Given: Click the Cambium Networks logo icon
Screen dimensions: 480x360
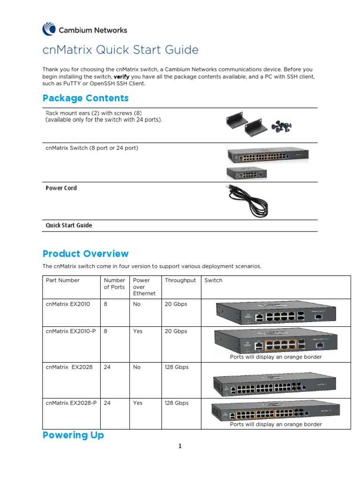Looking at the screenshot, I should (x=49, y=29).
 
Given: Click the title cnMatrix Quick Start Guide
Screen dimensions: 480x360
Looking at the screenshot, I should (x=120, y=50).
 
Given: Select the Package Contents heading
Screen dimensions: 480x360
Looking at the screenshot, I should (x=85, y=98).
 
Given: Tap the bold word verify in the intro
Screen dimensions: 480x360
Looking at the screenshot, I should (x=121, y=76).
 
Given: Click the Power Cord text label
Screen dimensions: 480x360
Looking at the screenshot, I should (x=61, y=188).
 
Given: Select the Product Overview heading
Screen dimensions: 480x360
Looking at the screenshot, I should (x=85, y=254).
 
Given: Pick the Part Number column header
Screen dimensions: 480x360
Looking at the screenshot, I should (x=63, y=280).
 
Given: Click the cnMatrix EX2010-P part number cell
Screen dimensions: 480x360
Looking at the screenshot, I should (x=71, y=331).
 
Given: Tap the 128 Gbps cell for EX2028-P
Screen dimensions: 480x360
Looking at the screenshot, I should (x=176, y=403).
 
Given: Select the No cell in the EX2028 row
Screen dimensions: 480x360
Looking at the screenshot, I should (x=137, y=367).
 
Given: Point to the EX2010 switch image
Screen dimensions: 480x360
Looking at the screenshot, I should (x=276, y=313).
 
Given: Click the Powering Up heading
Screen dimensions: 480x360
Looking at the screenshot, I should (x=73, y=435).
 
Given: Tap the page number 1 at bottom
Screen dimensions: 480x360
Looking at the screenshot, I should (x=180, y=446).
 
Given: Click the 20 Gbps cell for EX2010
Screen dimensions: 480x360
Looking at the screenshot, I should (x=176, y=304).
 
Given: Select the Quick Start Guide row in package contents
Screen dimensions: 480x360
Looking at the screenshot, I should (x=69, y=225).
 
